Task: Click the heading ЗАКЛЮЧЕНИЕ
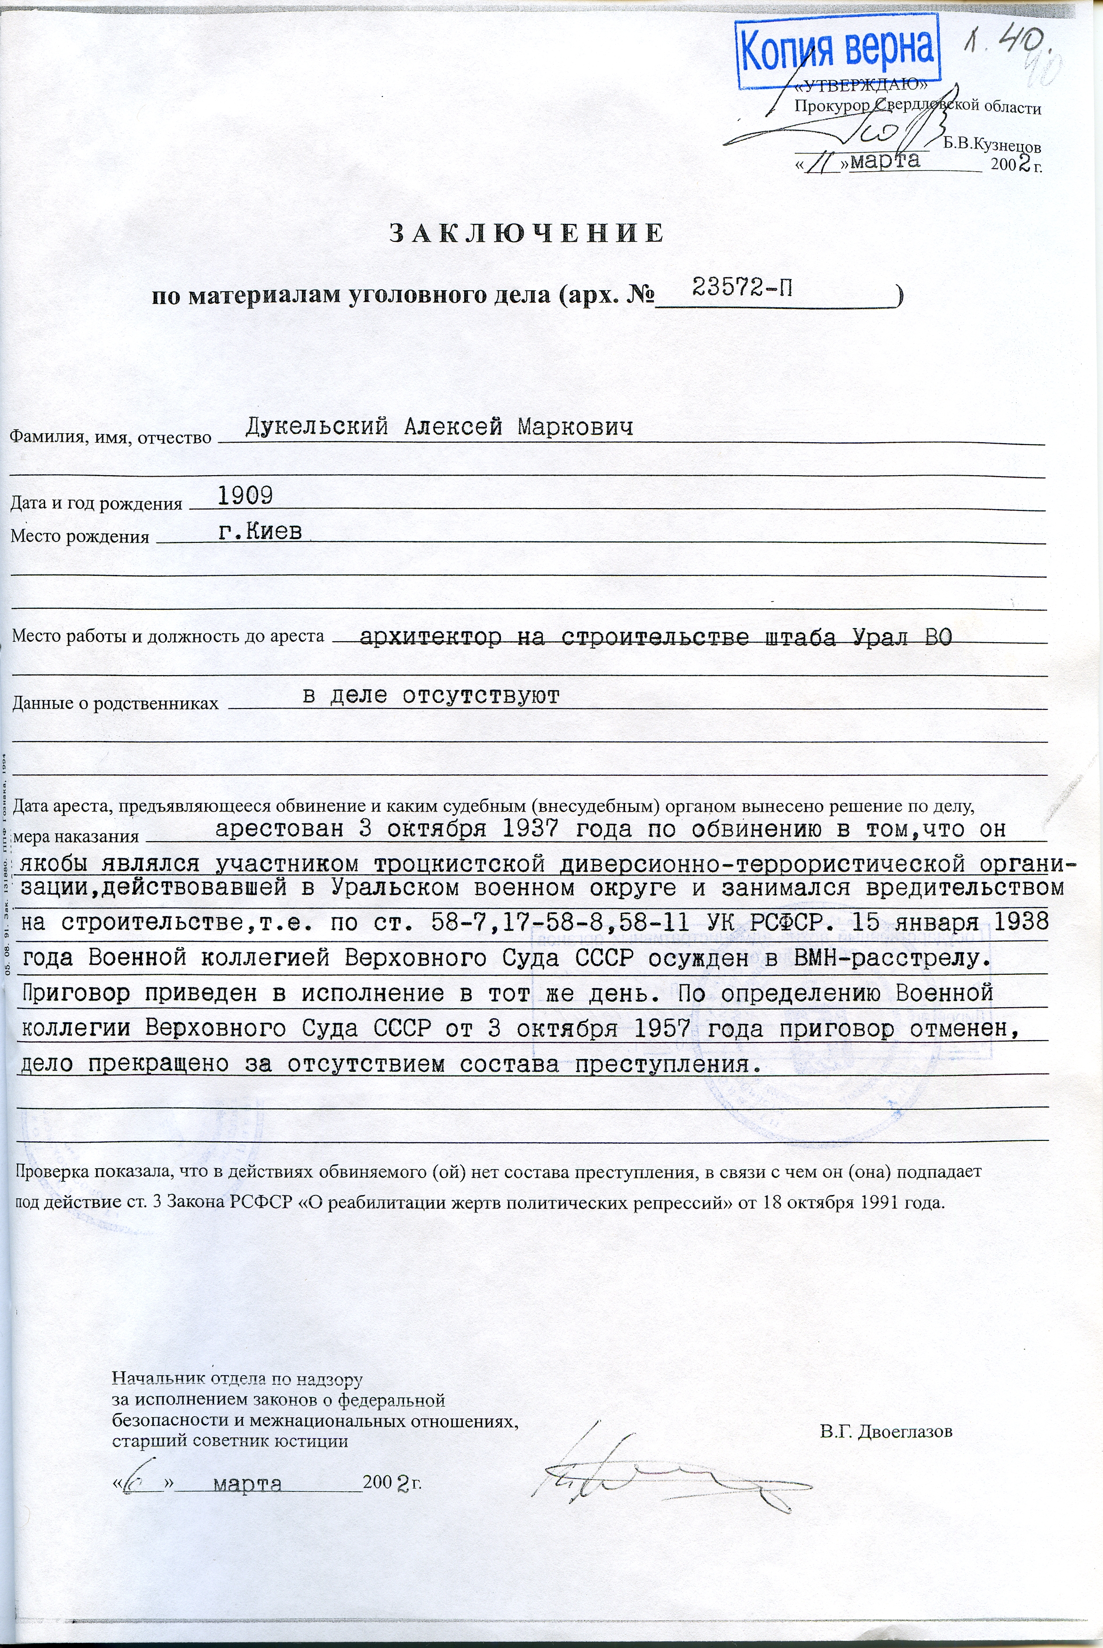coord(526,233)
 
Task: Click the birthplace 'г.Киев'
coord(260,531)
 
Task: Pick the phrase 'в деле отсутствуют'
coord(430,696)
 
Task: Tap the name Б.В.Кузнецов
coord(992,145)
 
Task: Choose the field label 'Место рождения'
coord(79,537)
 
